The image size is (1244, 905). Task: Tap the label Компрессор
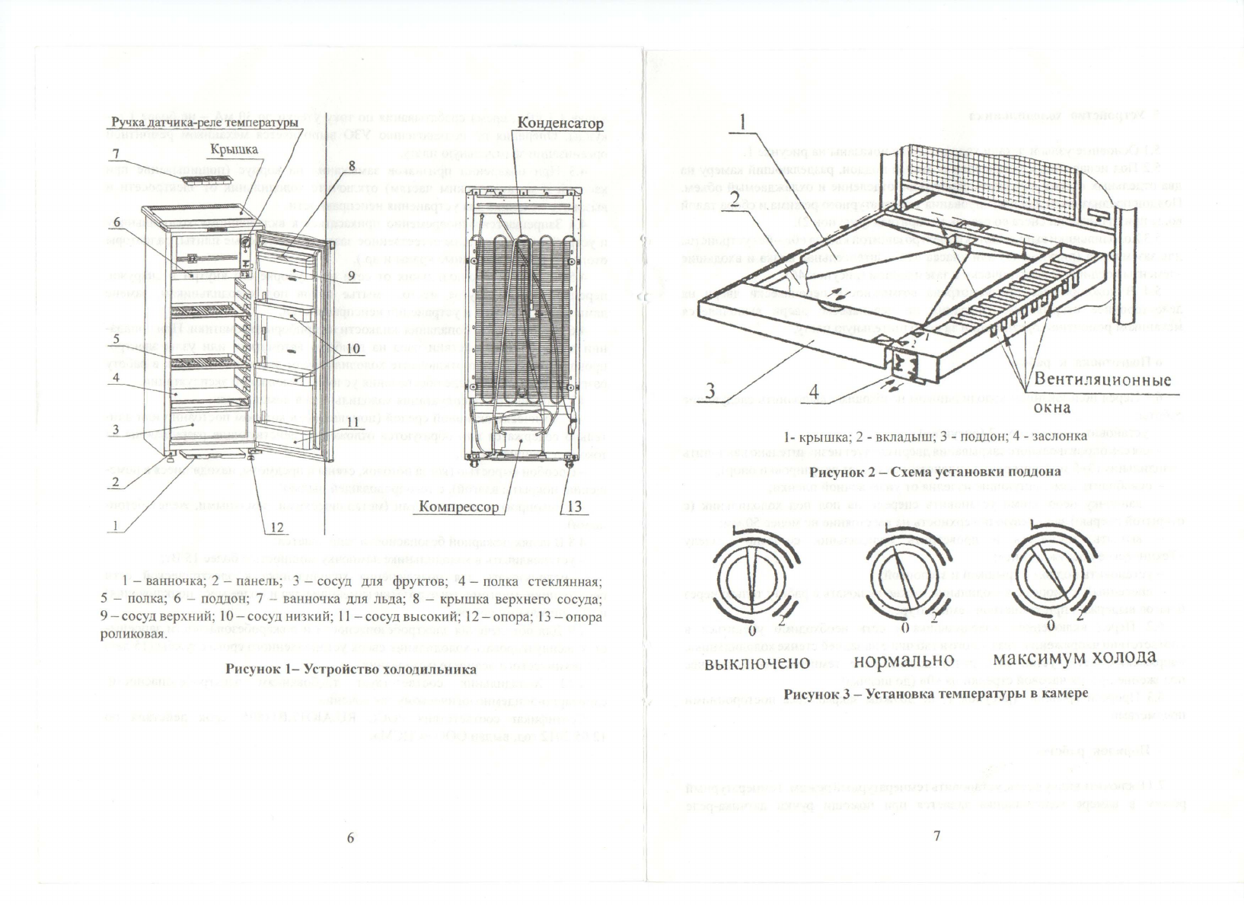[459, 507]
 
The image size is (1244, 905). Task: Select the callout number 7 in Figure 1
[116, 154]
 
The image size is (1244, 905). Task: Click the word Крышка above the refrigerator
[237, 149]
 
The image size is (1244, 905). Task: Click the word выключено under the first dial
[757, 660]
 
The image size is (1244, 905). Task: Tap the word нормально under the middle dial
[904, 660]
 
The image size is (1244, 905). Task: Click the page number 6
[351, 836]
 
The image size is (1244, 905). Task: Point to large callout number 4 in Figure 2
[814, 393]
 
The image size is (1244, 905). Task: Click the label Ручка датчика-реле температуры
[203, 123]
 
